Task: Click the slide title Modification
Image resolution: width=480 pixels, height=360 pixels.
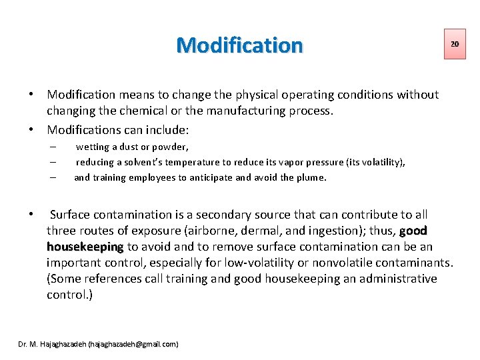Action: coord(239,45)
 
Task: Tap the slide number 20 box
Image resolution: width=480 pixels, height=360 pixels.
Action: coord(455,44)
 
